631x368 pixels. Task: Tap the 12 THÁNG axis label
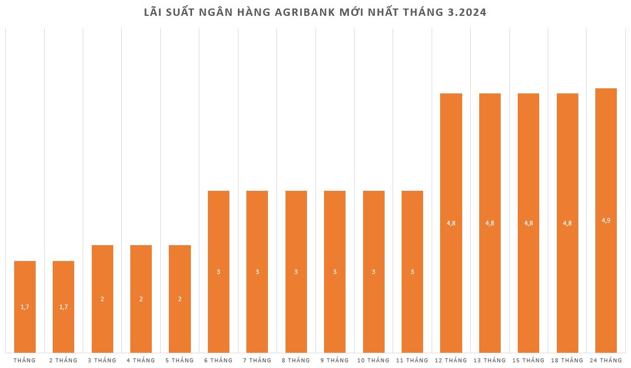pyautogui.click(x=451, y=360)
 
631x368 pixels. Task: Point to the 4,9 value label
pyautogui.click(x=606, y=220)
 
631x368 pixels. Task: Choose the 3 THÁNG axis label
pyautogui.click(x=102, y=360)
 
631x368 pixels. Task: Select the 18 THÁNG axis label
pyautogui.click(x=567, y=360)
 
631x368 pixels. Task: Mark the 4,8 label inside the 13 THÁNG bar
pyautogui.click(x=490, y=223)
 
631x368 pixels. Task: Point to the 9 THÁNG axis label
pyautogui.click(x=335, y=360)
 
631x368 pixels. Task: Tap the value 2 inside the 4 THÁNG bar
pyautogui.click(x=141, y=299)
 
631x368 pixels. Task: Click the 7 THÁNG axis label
pyautogui.click(x=257, y=360)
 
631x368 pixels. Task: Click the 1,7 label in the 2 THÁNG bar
pyautogui.click(x=63, y=307)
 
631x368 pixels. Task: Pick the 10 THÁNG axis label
pyautogui.click(x=373, y=360)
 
